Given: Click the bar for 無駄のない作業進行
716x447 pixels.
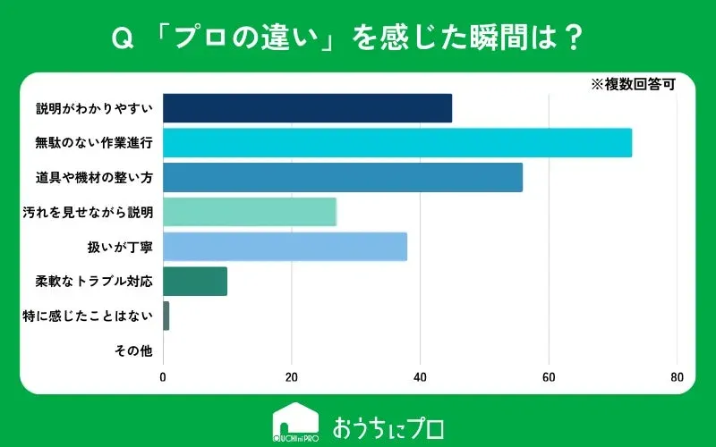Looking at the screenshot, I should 397,143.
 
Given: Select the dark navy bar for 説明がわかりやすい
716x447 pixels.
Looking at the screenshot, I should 307,108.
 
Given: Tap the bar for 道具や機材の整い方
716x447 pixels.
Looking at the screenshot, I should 343,177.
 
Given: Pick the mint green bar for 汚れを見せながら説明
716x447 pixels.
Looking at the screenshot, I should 250,212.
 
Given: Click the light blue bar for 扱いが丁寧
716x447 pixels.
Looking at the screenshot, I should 285,247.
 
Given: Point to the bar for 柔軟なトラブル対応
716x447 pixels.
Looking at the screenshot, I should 195,281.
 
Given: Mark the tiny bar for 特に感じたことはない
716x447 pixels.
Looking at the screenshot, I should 166,316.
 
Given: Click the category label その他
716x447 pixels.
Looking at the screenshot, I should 134,350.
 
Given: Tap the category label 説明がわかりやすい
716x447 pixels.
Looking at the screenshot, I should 95,108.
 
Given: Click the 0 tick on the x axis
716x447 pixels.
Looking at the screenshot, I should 163,376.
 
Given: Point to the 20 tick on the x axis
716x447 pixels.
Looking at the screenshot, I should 292,376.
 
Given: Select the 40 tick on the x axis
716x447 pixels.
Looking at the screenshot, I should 420,376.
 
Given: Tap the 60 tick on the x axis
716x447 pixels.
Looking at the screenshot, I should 549,376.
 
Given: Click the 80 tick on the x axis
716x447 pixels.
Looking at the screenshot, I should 677,376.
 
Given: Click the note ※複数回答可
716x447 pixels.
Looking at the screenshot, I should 632,85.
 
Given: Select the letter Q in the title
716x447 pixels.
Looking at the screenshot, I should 116,38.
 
